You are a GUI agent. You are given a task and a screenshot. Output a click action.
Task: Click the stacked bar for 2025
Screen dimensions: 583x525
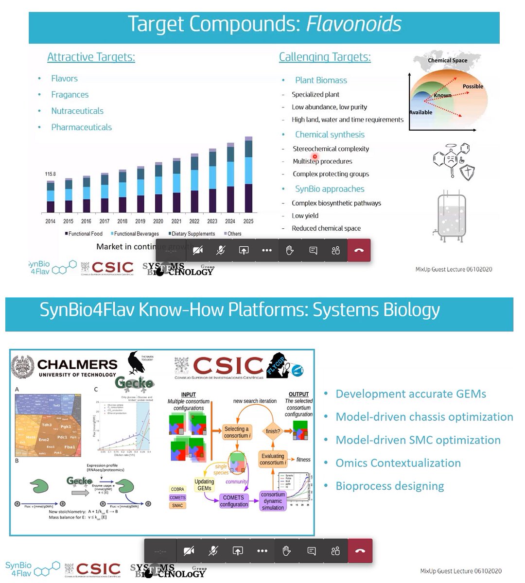tap(248, 175)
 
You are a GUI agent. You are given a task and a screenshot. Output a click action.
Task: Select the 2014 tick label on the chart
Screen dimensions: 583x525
tap(51, 221)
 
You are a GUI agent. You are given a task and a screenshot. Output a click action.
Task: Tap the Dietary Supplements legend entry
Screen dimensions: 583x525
tap(193, 234)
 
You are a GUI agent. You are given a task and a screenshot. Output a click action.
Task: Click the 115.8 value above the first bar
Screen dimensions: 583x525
tap(51, 174)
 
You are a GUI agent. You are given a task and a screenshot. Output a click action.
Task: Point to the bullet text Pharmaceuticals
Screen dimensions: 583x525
tap(81, 127)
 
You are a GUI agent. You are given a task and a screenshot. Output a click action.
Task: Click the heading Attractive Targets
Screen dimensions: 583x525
tap(91, 57)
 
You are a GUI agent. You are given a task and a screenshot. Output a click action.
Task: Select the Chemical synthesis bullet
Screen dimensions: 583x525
tap(330, 135)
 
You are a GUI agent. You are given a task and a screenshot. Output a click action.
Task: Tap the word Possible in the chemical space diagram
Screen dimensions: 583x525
tap(472, 86)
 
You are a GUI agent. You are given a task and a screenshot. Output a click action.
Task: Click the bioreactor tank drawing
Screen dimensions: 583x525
tap(451, 216)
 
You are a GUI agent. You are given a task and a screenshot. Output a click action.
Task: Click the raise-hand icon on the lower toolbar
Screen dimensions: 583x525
tap(286, 550)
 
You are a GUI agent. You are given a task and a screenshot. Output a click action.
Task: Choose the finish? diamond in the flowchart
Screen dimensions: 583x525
tap(273, 431)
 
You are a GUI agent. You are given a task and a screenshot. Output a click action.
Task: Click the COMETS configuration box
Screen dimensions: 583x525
tap(234, 501)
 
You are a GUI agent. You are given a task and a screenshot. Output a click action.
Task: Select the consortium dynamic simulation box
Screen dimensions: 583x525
tap(273, 501)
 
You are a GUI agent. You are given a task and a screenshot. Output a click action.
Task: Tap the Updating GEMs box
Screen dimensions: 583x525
tap(204, 485)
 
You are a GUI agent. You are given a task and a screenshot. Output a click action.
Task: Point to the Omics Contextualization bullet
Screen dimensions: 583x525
tap(398, 463)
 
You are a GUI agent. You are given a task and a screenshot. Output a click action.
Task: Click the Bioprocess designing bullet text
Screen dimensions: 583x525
tap(389, 486)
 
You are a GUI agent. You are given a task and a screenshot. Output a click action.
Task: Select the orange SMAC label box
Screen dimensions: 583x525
tap(177, 506)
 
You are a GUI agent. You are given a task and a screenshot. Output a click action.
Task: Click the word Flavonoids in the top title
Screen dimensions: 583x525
tap(353, 24)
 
